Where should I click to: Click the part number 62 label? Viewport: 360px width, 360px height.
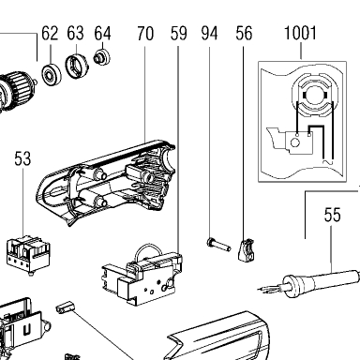click(50, 33)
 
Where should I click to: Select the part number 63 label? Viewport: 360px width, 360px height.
click(75, 33)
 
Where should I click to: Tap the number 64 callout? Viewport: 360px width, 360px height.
click(102, 33)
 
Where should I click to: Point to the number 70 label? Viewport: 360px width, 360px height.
click(145, 34)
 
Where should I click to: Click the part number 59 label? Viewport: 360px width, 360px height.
click(179, 34)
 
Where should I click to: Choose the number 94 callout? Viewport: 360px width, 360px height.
click(209, 34)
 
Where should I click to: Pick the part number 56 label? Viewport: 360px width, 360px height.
click(244, 34)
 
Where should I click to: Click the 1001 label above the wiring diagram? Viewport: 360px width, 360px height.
click(300, 33)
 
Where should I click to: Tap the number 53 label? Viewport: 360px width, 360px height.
click(22, 158)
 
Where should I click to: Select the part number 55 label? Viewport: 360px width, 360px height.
click(332, 215)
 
